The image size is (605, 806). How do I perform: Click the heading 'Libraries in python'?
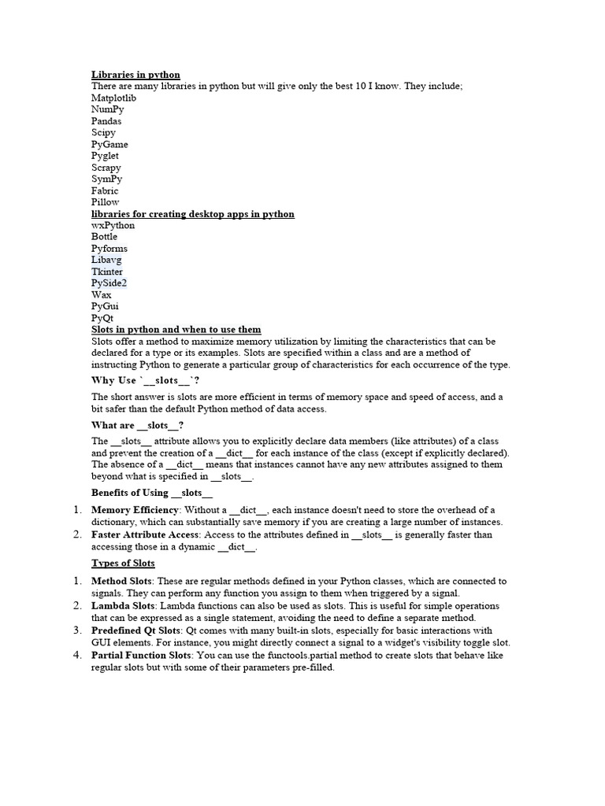[135, 75]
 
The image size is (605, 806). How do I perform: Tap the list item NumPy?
[108, 109]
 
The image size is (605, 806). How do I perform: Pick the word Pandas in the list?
[106, 121]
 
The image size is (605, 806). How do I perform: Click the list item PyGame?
[109, 144]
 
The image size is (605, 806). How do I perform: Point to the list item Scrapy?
[106, 168]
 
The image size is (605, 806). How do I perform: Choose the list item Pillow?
[106, 202]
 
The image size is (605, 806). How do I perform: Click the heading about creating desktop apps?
[193, 214]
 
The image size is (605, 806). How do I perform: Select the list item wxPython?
[113, 225]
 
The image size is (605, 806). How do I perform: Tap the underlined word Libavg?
[106, 260]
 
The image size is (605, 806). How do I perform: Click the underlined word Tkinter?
[107, 272]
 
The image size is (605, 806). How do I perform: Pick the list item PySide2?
[109, 283]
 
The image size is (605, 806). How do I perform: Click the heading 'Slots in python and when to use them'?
[176, 329]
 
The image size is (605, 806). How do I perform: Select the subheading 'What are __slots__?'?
[138, 425]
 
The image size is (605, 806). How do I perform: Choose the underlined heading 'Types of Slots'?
[123, 563]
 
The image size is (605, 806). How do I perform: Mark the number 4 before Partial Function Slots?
[77, 655]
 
